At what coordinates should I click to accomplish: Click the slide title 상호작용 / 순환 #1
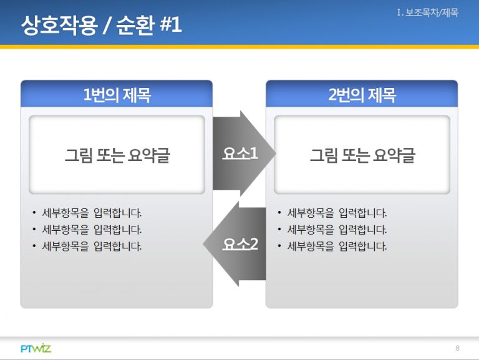click(102, 25)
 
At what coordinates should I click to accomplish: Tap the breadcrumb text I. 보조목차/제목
click(428, 13)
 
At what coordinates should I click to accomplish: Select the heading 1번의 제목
click(117, 95)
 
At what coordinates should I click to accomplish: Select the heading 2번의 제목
click(362, 95)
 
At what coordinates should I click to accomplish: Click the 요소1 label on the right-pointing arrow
click(240, 153)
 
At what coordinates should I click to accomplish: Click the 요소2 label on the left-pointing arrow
click(240, 244)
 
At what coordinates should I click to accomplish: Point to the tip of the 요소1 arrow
click(276, 153)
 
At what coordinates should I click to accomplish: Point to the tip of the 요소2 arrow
click(203, 244)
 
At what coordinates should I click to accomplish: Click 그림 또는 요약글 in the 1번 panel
click(117, 155)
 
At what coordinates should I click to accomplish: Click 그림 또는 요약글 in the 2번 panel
click(362, 155)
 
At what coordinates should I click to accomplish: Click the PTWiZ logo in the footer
click(36, 348)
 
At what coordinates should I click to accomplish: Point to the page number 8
click(457, 348)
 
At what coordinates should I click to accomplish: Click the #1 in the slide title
click(171, 25)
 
